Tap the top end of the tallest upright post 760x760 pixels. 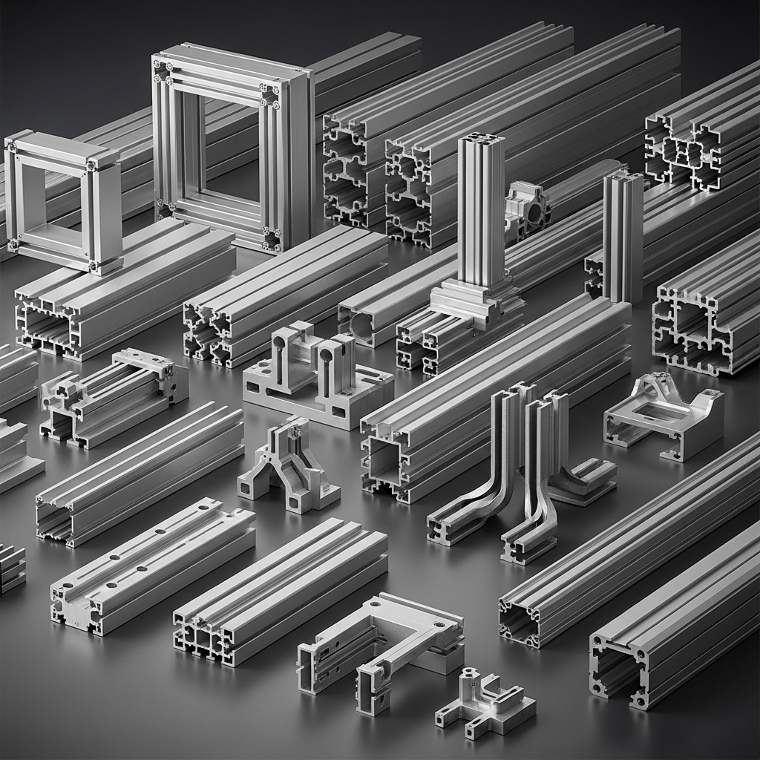pyautogui.click(x=481, y=139)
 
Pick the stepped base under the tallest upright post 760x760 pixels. pyautogui.click(x=475, y=301)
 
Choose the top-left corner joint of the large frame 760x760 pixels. pyautogui.click(x=161, y=69)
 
